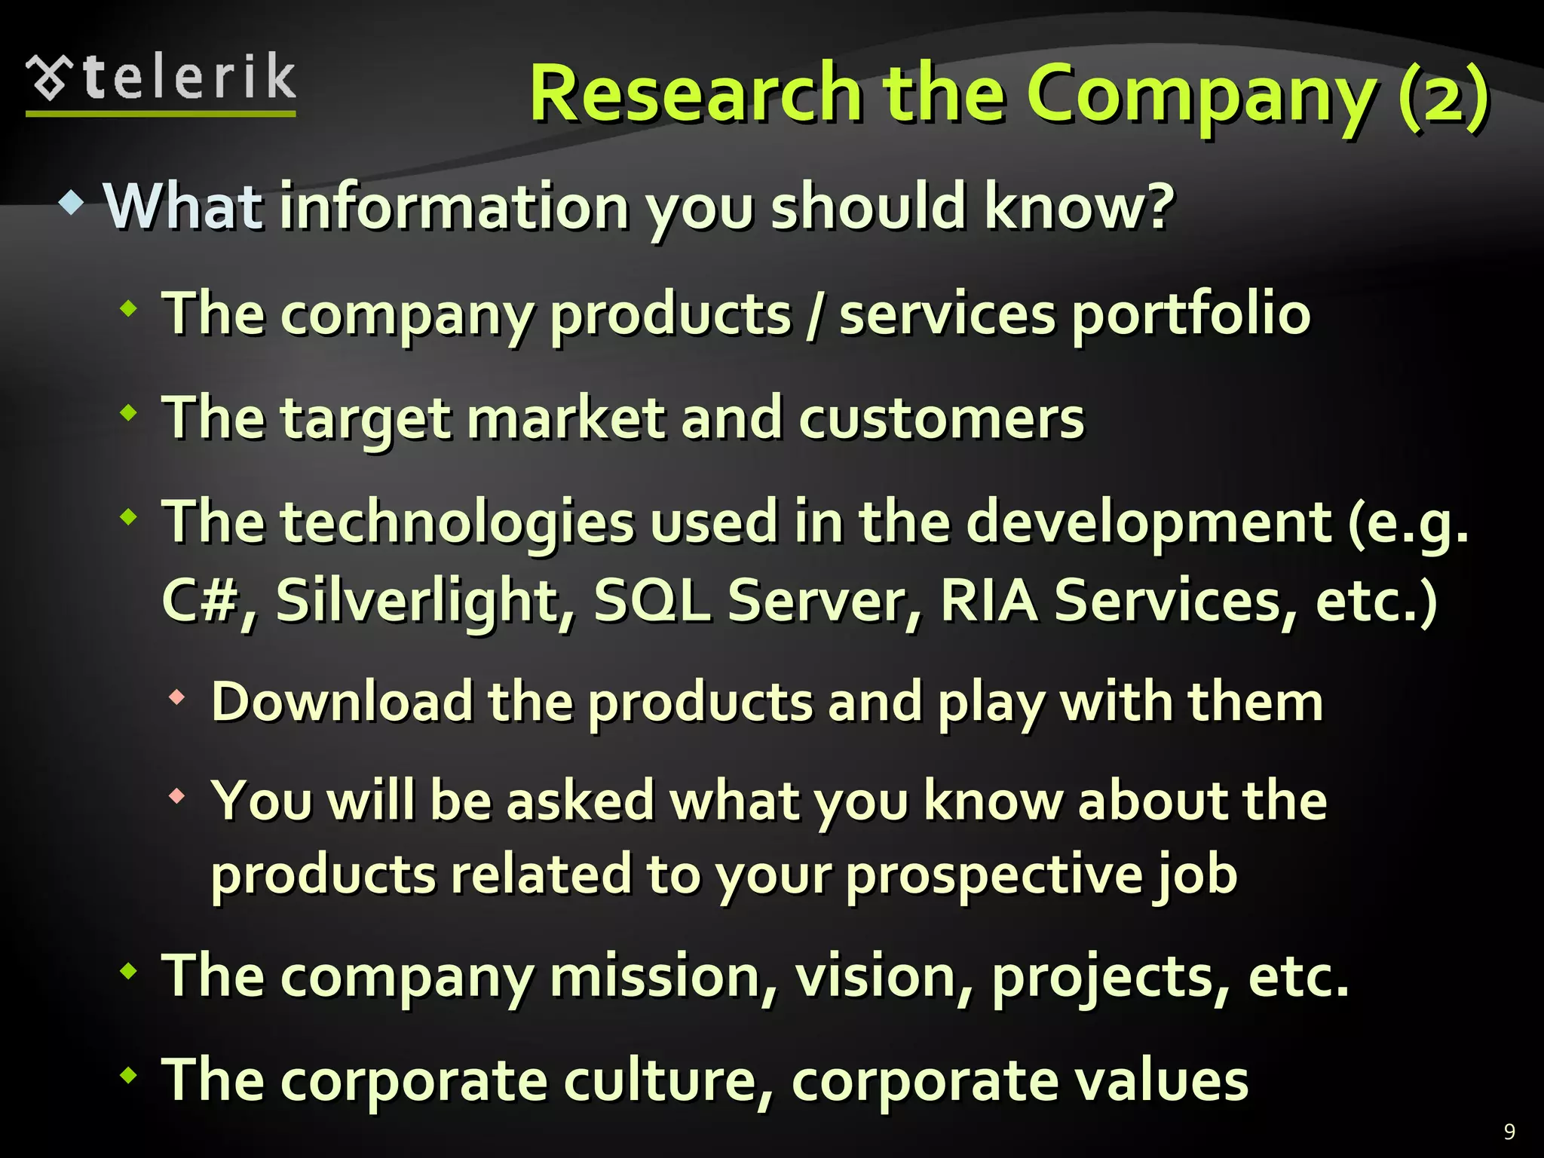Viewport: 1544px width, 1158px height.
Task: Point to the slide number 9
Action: coord(1509,1131)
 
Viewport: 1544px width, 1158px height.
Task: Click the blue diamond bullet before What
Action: coord(72,202)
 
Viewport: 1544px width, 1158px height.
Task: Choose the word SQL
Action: coord(652,601)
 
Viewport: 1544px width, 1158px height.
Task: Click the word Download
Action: coord(342,702)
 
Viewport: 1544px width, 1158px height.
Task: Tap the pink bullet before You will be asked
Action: coord(177,796)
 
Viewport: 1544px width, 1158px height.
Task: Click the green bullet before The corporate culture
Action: coord(129,1075)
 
